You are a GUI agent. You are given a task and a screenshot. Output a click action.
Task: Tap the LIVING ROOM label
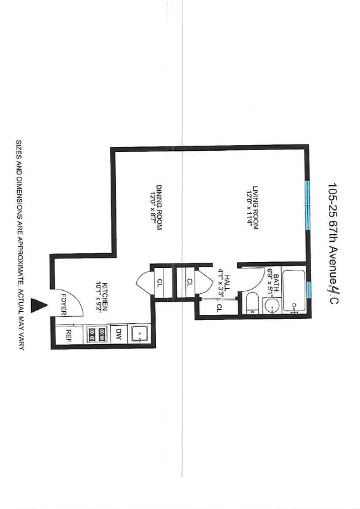255,207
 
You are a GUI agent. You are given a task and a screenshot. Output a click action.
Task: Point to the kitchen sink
139,333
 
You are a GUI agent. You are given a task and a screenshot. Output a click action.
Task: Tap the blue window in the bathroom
308,291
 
